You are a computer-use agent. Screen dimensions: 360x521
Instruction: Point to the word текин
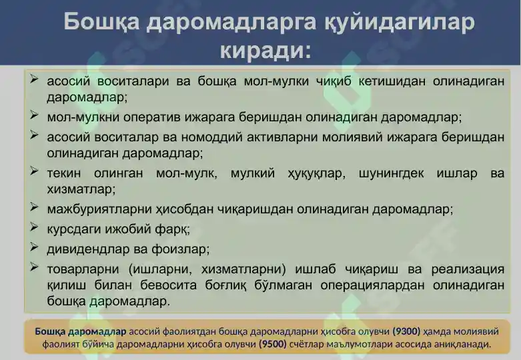[x=63, y=173]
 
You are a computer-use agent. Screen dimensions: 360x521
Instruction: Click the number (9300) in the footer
[x=406, y=331]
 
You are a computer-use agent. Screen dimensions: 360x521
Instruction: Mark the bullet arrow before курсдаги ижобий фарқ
[x=34, y=227]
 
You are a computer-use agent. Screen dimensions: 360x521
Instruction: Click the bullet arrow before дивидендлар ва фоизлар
[x=34, y=247]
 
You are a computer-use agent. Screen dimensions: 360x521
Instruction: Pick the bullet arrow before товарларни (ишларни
[x=34, y=268]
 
